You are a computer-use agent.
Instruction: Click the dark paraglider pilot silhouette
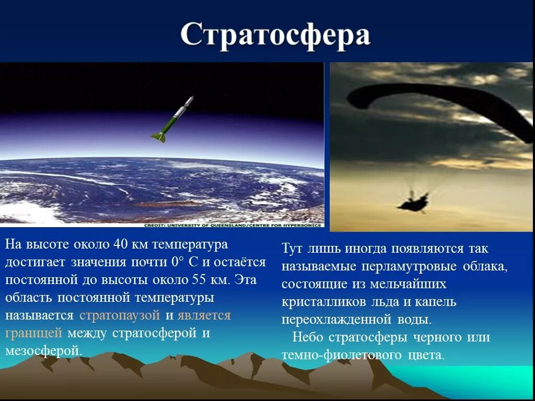tap(413, 202)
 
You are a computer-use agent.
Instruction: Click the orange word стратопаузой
tap(120, 315)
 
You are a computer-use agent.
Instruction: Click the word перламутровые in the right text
tap(408, 266)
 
